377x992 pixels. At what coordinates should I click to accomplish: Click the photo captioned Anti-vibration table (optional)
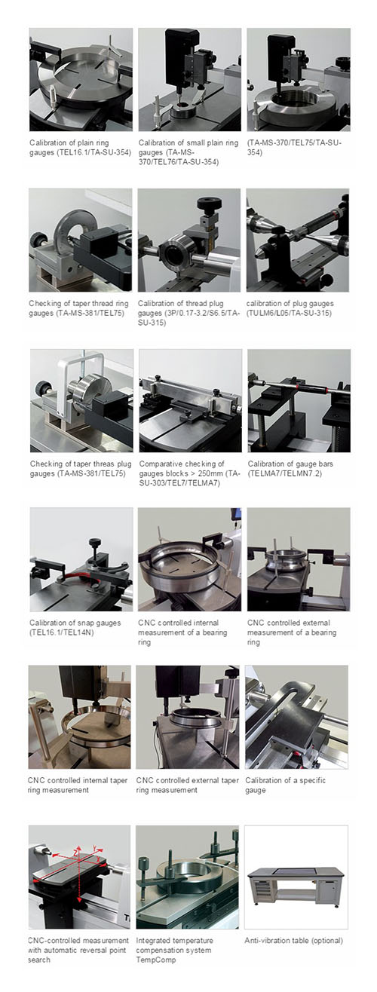tap(296, 877)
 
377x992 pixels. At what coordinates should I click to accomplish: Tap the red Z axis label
tap(75, 852)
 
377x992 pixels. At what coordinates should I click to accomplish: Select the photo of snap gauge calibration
tap(81, 559)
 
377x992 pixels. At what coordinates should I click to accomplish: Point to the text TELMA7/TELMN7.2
tap(285, 473)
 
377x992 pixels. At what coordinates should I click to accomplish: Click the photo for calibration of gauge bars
tap(299, 401)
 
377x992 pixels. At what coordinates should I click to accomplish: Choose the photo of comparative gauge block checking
tap(191, 401)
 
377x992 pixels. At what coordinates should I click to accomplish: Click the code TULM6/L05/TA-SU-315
tap(289, 313)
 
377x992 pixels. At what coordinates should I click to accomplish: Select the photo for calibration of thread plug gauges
tap(189, 240)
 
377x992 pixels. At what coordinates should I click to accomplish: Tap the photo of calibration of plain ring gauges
tap(81, 79)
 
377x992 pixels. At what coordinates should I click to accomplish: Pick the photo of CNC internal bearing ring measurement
tap(189, 559)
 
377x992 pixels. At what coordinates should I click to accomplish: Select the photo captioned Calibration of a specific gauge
tap(296, 717)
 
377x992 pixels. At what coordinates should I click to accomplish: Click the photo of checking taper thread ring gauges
tap(80, 240)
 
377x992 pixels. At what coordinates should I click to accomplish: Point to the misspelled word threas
tap(103, 464)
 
